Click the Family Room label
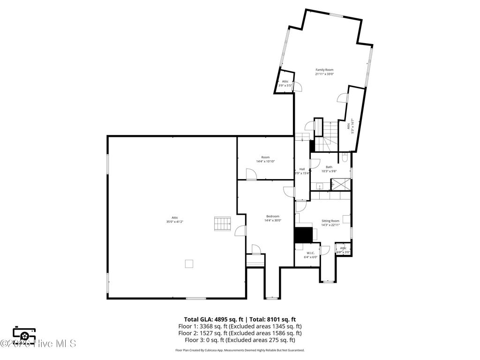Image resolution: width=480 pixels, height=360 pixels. pyautogui.click(x=324, y=70)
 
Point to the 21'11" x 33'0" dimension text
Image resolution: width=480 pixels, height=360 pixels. pyautogui.click(x=324, y=74)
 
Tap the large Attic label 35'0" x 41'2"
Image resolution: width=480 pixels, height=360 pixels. pyautogui.click(x=174, y=219)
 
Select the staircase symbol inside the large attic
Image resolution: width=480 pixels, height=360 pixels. pyautogui.click(x=222, y=224)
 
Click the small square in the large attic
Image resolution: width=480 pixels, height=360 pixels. pyautogui.click(x=189, y=263)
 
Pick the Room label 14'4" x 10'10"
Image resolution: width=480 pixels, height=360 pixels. pyautogui.click(x=265, y=159)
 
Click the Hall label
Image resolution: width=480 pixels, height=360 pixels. pyautogui.click(x=302, y=169)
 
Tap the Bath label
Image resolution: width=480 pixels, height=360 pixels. pyautogui.click(x=329, y=167)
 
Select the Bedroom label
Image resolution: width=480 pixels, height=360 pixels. pyautogui.click(x=272, y=216)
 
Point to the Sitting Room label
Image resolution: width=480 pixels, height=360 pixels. pyautogui.click(x=330, y=221)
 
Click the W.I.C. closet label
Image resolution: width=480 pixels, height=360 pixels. pyautogui.click(x=311, y=253)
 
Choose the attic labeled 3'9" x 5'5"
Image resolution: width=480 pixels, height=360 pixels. pyautogui.click(x=285, y=83)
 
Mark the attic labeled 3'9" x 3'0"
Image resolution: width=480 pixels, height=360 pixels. pyautogui.click(x=343, y=250)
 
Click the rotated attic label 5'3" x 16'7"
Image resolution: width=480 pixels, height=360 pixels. pyautogui.click(x=350, y=126)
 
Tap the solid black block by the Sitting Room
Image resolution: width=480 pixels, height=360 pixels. pyautogui.click(x=303, y=235)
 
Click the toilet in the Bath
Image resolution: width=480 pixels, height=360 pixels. pyautogui.click(x=345, y=158)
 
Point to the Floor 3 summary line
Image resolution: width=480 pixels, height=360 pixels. pyautogui.click(x=240, y=340)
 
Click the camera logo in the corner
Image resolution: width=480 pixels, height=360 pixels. pyautogui.click(x=23, y=333)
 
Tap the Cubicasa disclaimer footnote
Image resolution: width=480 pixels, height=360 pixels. pyautogui.click(x=240, y=350)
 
